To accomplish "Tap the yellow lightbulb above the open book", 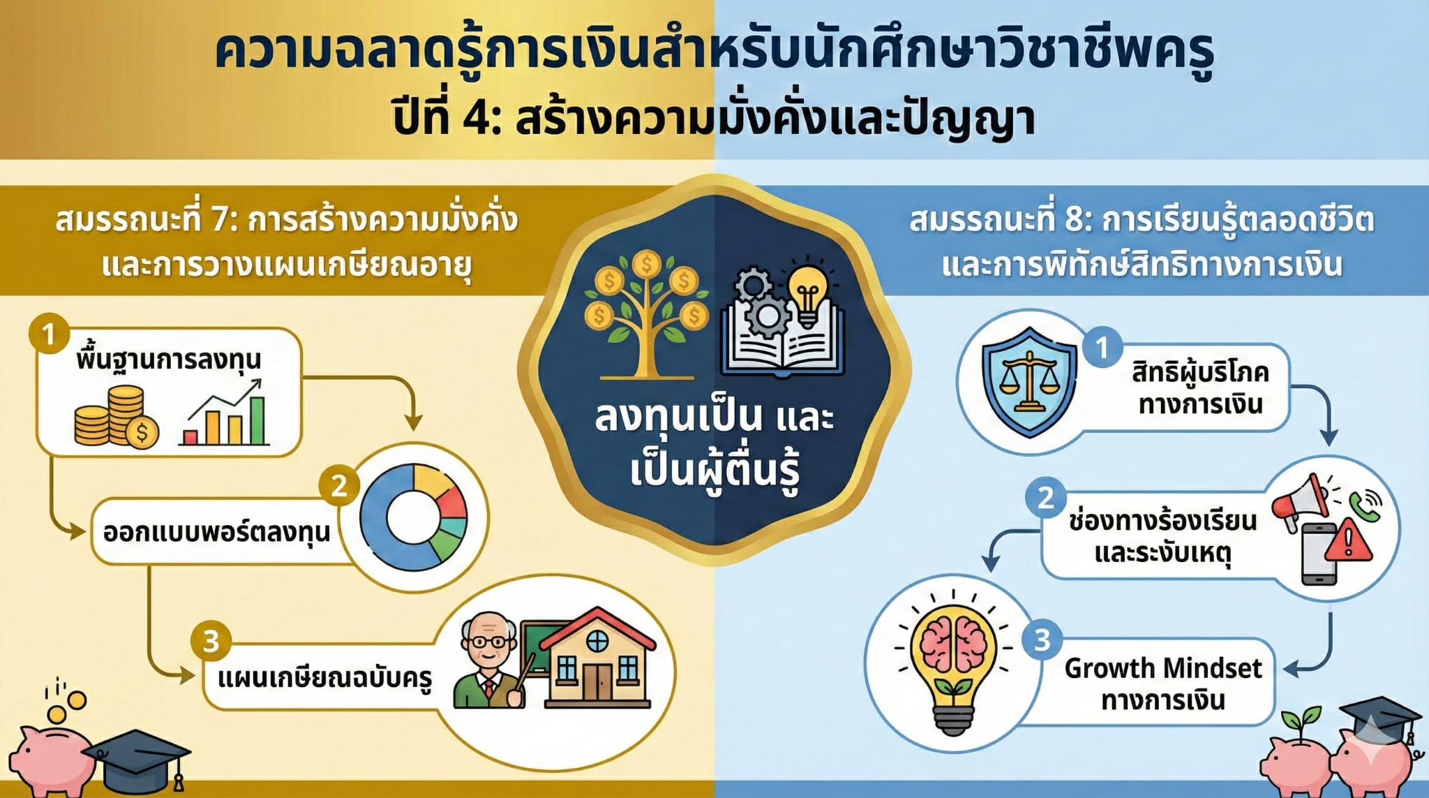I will tap(807, 293).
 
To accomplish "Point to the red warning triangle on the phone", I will tap(1348, 543).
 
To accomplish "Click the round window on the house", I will tap(597, 640).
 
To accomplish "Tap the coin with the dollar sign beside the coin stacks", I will tap(142, 433).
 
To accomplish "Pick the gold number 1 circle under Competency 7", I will tap(49, 334).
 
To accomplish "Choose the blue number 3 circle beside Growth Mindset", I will tap(1042, 640).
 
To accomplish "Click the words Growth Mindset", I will tap(1163, 669).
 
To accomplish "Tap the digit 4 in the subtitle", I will tap(477, 119).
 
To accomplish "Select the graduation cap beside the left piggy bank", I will tap(137, 759).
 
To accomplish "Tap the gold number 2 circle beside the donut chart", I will tap(339, 485).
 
